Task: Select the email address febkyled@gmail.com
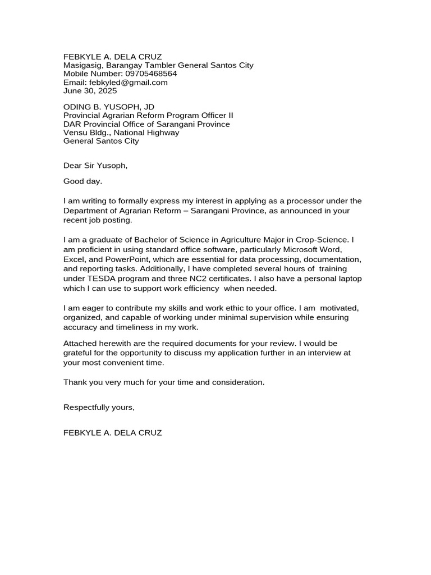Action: (129, 82)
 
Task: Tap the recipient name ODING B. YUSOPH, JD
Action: (109, 107)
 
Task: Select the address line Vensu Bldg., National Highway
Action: (121, 133)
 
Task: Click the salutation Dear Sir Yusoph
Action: (95, 165)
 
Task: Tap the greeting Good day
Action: (83, 181)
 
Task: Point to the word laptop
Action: (347, 279)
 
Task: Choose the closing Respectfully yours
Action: (99, 407)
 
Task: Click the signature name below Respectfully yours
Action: (112, 433)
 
